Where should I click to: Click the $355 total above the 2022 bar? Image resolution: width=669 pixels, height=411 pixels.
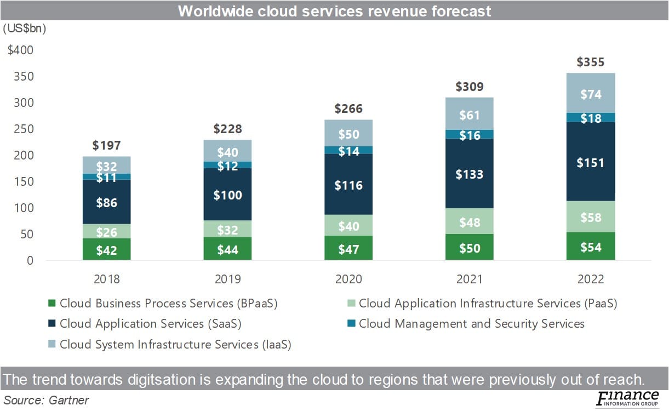pos(590,62)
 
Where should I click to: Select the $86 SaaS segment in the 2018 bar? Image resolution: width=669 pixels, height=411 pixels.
pos(106,202)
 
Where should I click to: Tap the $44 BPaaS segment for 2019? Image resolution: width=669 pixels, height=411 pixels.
pos(227,249)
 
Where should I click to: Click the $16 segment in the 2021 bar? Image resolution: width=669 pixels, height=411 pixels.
pos(470,135)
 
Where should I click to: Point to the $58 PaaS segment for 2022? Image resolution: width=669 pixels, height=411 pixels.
pos(590,217)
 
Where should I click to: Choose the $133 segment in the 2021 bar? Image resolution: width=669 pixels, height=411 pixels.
pos(470,174)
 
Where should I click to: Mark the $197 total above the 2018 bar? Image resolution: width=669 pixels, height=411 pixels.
pos(106,145)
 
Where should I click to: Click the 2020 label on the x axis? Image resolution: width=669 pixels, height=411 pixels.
pos(348,279)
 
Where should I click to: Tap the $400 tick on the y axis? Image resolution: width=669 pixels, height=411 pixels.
pos(20,50)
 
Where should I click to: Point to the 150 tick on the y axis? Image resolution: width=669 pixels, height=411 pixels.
pos(25,181)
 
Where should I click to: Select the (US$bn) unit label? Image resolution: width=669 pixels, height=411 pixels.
pos(25,28)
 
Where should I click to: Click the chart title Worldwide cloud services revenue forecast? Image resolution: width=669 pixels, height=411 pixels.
pos(334,11)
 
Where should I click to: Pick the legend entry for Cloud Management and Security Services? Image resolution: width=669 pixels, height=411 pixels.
pos(471,324)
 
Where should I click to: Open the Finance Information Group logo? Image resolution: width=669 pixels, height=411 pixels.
pos(627,399)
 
